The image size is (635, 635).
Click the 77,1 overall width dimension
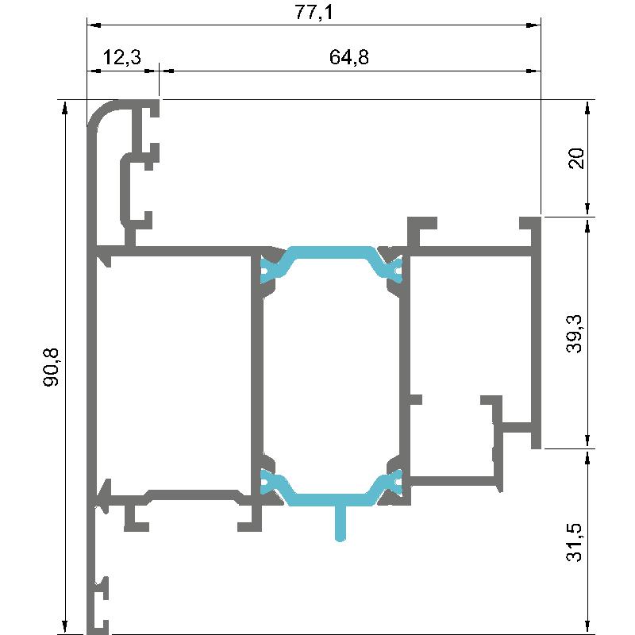tap(314, 12)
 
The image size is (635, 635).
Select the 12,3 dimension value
tap(122, 57)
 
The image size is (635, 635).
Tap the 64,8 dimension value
tap(349, 57)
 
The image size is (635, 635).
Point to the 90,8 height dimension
tap(52, 367)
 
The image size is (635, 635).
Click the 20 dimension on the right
tap(577, 158)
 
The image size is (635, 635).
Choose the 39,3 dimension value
tap(575, 333)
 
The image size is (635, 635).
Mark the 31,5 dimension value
tap(575, 542)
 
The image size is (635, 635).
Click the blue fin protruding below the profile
tap(341, 523)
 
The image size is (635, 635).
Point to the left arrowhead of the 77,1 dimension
tap(94, 25)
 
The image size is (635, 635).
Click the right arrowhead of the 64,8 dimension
tap(533, 71)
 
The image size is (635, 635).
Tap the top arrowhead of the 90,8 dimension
tap(64, 107)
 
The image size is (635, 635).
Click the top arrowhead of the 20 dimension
tap(588, 107)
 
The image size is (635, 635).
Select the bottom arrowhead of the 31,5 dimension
tap(588, 627)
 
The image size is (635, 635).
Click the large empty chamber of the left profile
tap(173, 372)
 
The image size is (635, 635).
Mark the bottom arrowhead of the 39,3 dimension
tap(588, 441)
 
